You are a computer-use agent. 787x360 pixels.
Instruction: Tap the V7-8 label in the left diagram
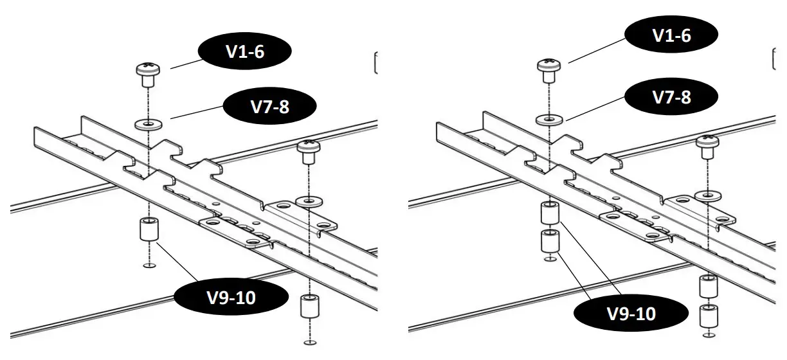click(x=270, y=106)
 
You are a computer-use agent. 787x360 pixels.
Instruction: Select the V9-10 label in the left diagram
click(x=221, y=298)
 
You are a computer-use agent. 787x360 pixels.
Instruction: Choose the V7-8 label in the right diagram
click(x=671, y=98)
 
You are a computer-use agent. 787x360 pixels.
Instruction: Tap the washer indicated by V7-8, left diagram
click(x=148, y=123)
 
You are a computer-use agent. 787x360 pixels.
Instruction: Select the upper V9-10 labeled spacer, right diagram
click(x=548, y=213)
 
